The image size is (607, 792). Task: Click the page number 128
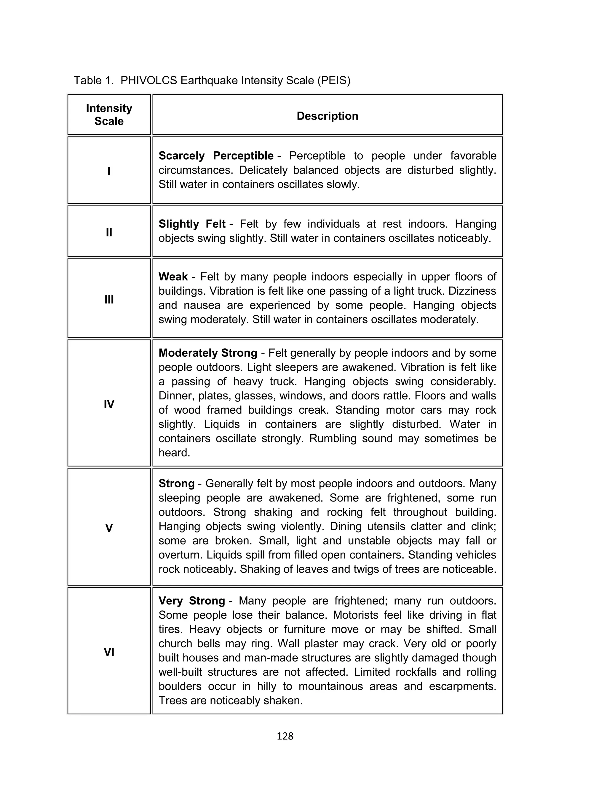pos(285,736)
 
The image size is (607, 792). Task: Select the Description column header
pos(327,116)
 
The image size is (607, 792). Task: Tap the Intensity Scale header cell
pos(109,115)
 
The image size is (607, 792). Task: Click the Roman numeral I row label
pos(109,171)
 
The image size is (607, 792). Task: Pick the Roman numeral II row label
pos(109,232)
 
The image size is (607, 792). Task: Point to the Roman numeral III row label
pos(109,299)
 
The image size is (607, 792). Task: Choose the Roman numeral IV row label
pos(109,404)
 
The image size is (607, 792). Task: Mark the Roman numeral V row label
pos(109,528)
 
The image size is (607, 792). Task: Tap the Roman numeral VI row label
pos(109,652)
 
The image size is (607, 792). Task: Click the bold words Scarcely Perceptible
pos(216,156)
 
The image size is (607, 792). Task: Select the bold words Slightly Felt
pos(192,224)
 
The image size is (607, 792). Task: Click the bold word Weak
pos(173,277)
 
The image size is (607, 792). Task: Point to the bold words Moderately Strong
pos(208,353)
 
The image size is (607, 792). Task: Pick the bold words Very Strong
pos(191,601)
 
